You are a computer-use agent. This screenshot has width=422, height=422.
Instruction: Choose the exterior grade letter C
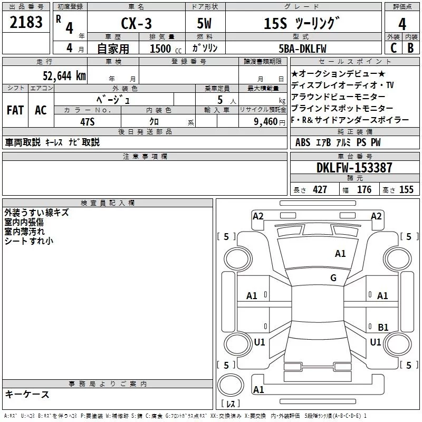(x=393, y=47)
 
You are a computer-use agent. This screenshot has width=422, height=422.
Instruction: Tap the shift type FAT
(x=15, y=110)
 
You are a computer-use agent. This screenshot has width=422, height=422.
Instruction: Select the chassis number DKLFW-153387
(x=354, y=168)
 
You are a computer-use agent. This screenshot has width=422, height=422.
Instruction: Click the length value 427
(x=320, y=190)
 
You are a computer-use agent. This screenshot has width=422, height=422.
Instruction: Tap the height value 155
(x=406, y=190)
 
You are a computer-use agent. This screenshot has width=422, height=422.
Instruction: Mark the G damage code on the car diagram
(x=333, y=277)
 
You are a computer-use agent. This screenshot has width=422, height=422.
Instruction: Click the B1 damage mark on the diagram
(x=383, y=327)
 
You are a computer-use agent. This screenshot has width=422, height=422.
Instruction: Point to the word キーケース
(x=27, y=395)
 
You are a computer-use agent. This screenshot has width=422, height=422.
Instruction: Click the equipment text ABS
(x=303, y=142)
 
